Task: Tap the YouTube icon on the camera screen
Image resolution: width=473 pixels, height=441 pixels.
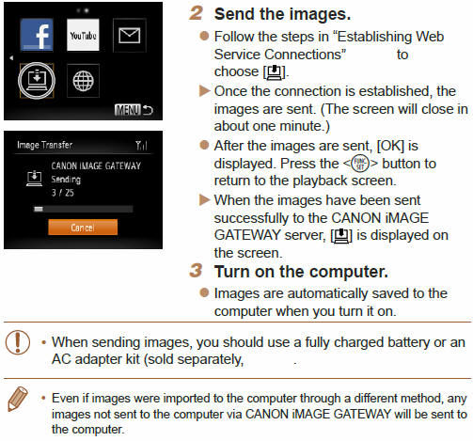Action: pyautogui.click(x=82, y=36)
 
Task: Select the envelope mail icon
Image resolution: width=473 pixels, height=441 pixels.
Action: pyautogui.click(x=129, y=36)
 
